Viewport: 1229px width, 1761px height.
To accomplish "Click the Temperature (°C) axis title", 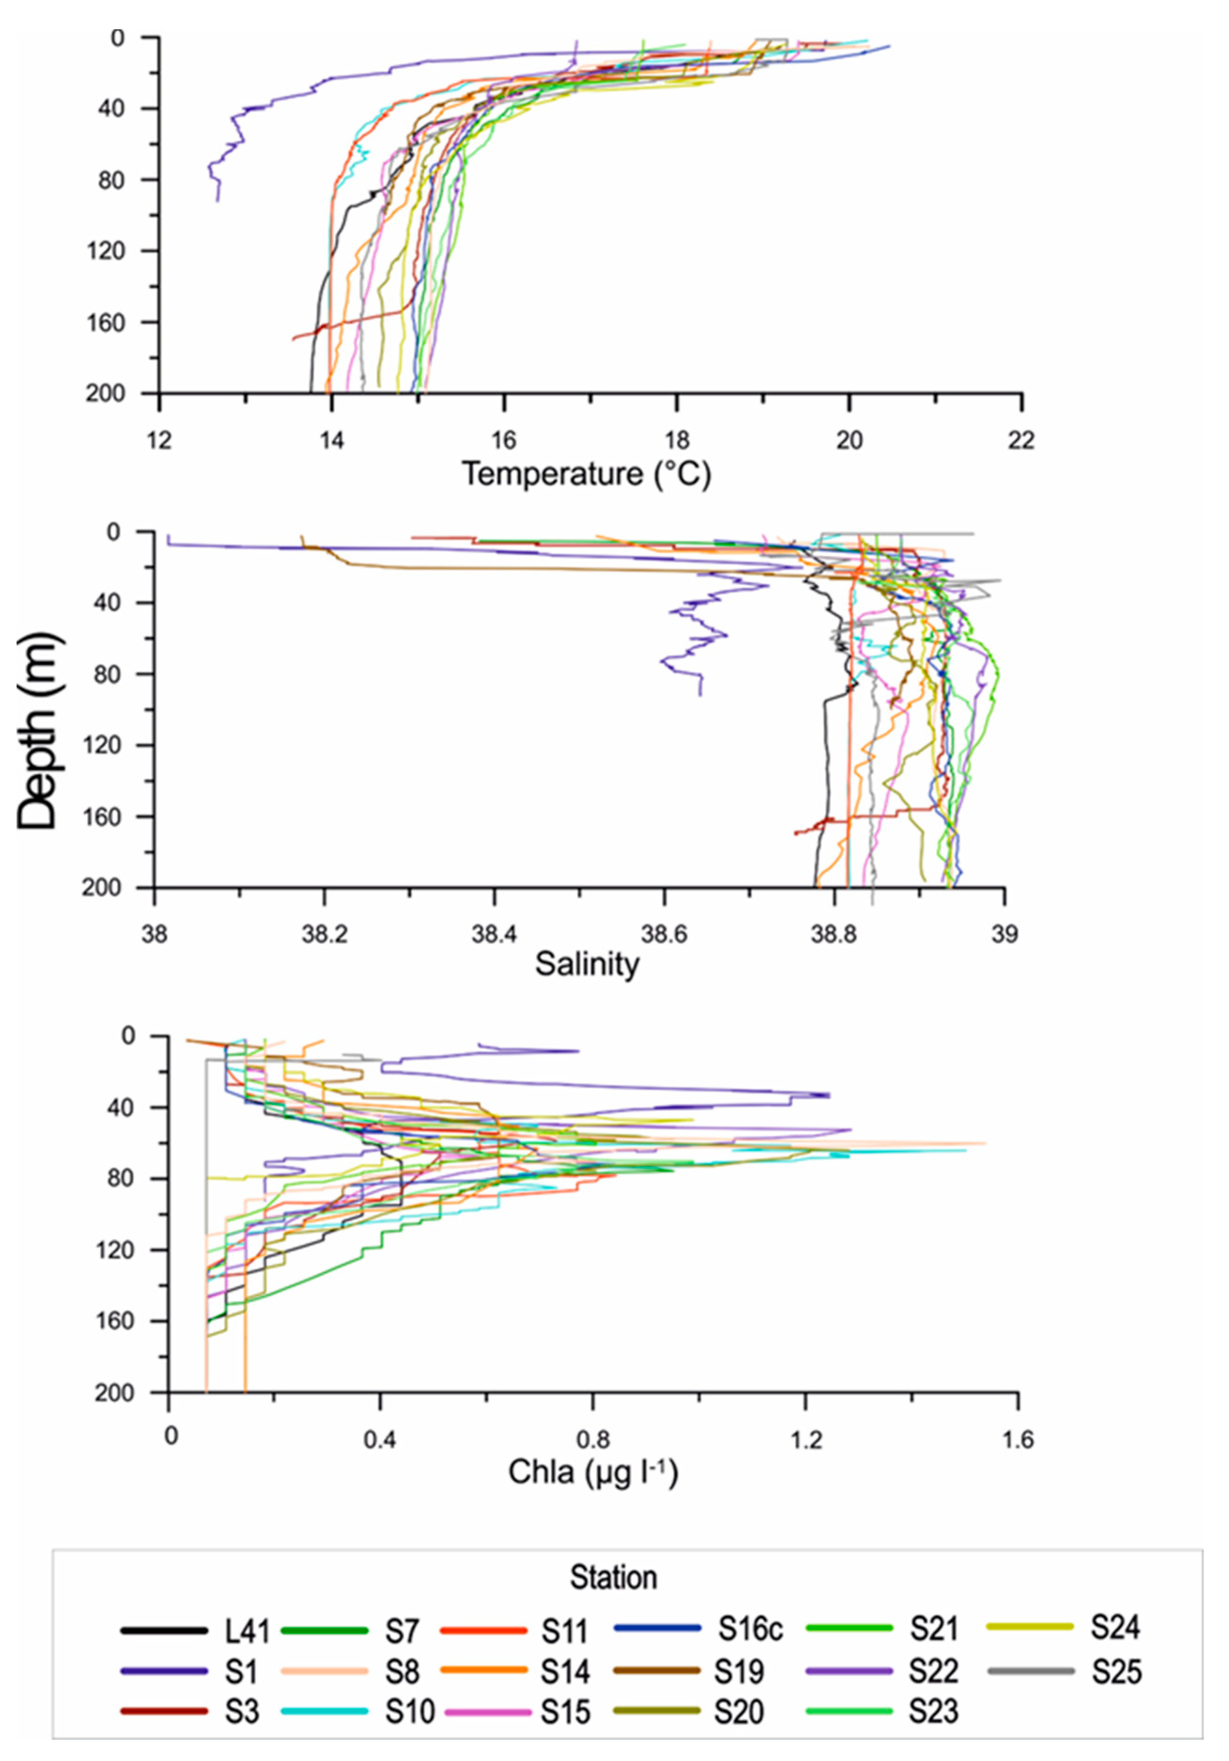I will pyautogui.click(x=586, y=473).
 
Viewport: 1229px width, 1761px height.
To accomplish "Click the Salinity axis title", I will pyautogui.click(x=586, y=963).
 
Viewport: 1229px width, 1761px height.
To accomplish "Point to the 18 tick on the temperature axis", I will pyautogui.click(x=676, y=440).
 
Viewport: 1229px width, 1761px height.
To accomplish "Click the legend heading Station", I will pyautogui.click(x=613, y=1578).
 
